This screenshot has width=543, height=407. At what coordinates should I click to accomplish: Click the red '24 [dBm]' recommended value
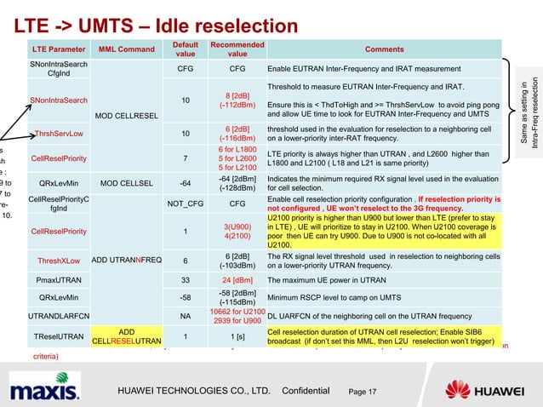click(x=237, y=279)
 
